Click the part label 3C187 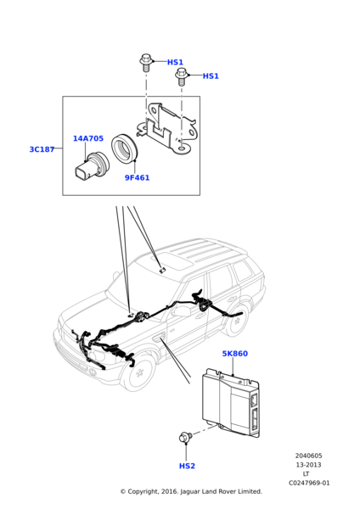[42, 149]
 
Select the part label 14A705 [88, 138]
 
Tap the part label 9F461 [137, 177]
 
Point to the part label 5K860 [234, 354]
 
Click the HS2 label [187, 466]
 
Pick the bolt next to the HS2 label [186, 437]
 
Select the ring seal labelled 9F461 [125, 148]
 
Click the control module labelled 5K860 [231, 402]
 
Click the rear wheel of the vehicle [238, 321]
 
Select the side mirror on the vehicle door [181, 310]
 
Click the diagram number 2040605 [309, 456]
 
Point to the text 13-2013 [309, 465]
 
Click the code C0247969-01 [309, 483]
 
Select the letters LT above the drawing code [306, 474]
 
